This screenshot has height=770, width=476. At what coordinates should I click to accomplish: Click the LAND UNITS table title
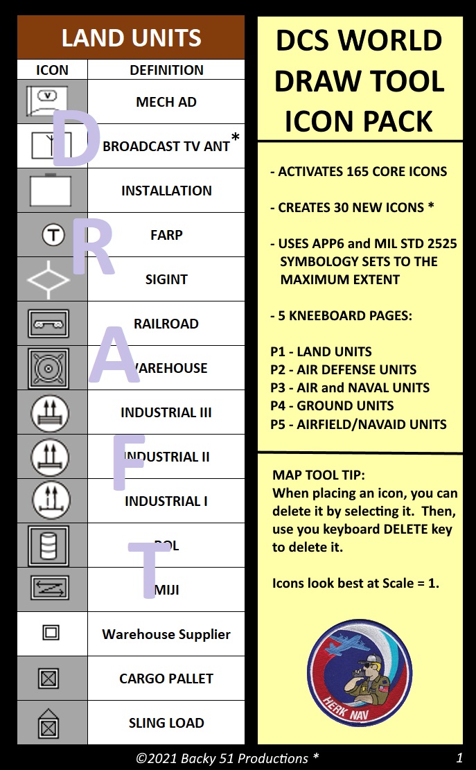click(x=131, y=37)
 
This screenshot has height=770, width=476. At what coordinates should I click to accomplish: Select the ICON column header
click(x=52, y=70)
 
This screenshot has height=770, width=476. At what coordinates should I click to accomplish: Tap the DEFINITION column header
click(x=166, y=70)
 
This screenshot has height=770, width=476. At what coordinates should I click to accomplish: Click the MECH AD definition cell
click(x=166, y=102)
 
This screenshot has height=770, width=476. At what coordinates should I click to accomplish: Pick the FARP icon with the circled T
click(x=53, y=235)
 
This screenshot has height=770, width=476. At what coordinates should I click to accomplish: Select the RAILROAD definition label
click(x=166, y=324)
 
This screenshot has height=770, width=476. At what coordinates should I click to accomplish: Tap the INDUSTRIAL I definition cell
click(x=166, y=501)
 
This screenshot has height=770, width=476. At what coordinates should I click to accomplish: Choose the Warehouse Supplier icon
click(x=51, y=633)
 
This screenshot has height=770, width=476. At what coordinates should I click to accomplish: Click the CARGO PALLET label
click(x=166, y=679)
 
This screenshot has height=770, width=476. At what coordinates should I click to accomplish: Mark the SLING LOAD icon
click(x=49, y=723)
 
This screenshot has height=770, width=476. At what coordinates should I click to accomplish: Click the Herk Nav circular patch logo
click(x=359, y=673)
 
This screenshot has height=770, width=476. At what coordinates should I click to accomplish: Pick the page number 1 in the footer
click(x=459, y=757)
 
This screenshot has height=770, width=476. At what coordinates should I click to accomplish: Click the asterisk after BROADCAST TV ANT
click(x=236, y=138)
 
